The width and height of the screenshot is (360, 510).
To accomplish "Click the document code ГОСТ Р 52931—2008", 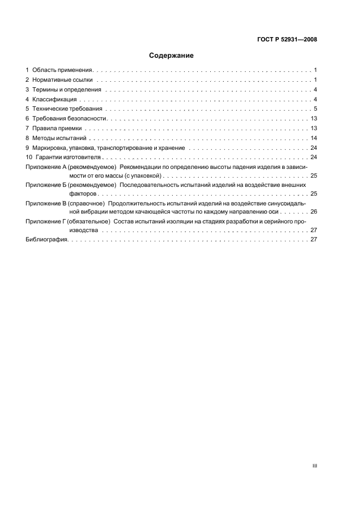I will click(x=287, y=39).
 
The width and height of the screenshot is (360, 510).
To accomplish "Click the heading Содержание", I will click(x=171, y=56).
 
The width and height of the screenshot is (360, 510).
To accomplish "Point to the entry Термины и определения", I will click(x=66, y=90).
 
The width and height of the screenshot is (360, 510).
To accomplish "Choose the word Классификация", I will click(x=54, y=99).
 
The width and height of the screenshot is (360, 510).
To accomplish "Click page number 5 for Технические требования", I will click(x=315, y=109).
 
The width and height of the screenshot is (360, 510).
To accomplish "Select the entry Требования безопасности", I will click(x=69, y=118).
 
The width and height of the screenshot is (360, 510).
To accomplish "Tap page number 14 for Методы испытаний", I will click(x=314, y=138).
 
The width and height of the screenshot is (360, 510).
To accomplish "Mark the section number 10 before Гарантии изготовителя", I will click(x=29, y=157).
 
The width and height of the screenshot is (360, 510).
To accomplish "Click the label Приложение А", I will click(x=46, y=167).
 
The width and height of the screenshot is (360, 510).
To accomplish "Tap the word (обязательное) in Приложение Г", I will click(x=89, y=221).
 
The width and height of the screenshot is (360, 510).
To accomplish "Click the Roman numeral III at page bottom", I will click(x=314, y=466).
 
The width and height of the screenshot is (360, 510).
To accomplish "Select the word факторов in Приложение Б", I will click(x=82, y=193).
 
